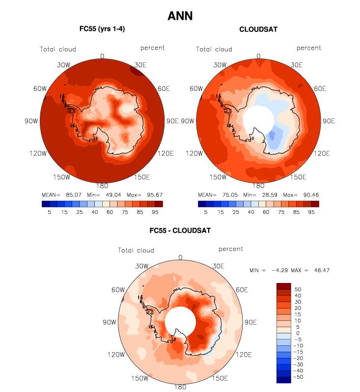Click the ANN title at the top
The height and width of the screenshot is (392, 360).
pyautogui.click(x=180, y=16)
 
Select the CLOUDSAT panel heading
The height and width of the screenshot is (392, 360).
pyautogui.click(x=258, y=29)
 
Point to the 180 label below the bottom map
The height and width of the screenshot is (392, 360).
pyautogui.click(x=180, y=387)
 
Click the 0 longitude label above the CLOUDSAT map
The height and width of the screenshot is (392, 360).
pyautogui.click(x=258, y=56)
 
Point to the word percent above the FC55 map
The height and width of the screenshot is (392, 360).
pyautogui.click(x=152, y=48)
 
